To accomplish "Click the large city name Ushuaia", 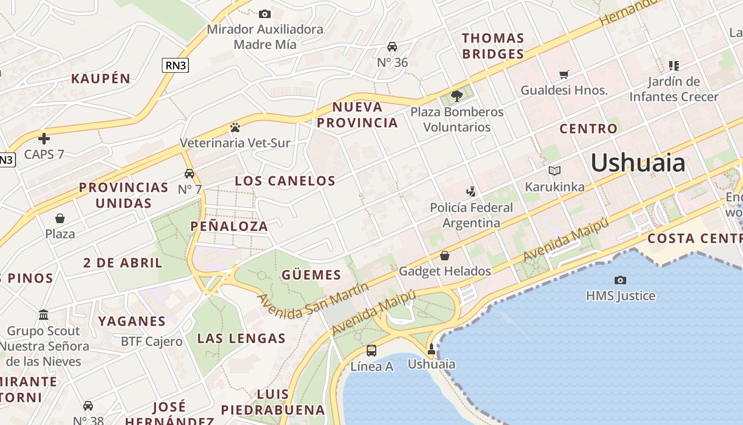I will point(638,163).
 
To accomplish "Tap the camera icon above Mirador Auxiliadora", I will point(264,14).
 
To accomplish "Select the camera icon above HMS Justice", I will point(620,280).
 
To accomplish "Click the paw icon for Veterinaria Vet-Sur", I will point(235,127).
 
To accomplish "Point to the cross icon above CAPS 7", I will point(44,139).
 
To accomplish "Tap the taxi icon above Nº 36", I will point(392,47).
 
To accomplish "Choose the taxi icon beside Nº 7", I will point(189,174).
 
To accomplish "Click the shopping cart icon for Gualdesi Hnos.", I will point(564,75).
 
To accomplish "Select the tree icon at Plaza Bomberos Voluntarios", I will point(456,96).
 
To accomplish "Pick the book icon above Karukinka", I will point(555,171).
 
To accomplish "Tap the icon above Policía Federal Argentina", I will point(471,191).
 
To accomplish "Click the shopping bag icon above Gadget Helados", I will point(445,256).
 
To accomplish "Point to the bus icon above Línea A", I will point(371,351).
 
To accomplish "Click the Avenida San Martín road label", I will point(313,301).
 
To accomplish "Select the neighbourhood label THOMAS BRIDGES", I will point(493,46).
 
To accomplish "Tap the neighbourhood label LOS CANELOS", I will point(285,181).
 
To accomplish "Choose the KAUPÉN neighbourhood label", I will point(101,79).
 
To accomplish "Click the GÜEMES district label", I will point(311,275).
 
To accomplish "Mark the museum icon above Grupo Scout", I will point(44,315).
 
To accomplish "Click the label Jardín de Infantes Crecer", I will point(674,89).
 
